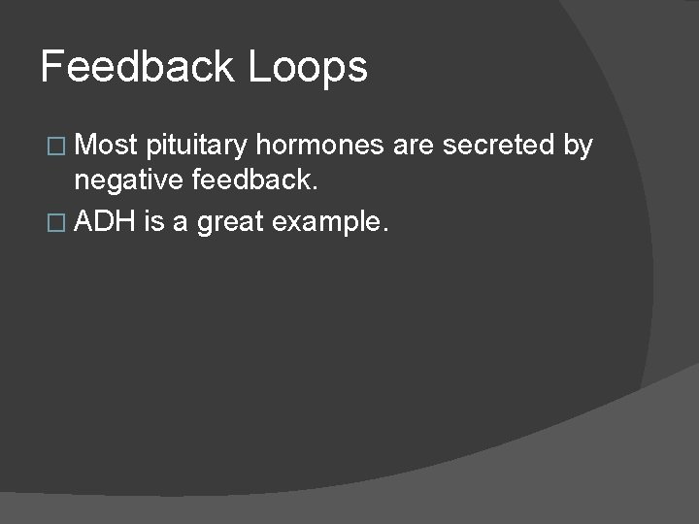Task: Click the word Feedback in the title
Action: (x=138, y=68)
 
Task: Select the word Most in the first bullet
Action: (x=106, y=146)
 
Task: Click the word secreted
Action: (x=499, y=146)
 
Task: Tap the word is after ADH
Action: (x=152, y=222)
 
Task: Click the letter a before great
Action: (x=182, y=224)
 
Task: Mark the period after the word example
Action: (x=385, y=231)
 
